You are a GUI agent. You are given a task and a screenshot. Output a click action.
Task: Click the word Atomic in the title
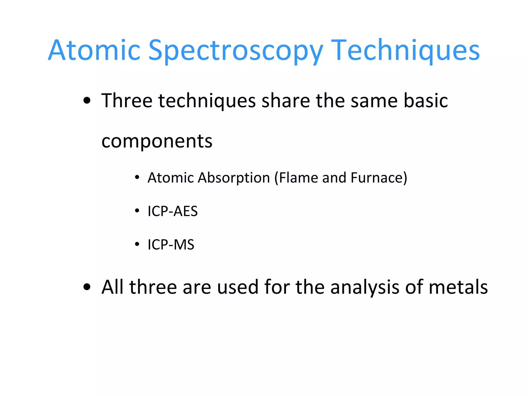[x=94, y=50]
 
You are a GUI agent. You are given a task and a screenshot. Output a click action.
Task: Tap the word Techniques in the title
[x=405, y=50]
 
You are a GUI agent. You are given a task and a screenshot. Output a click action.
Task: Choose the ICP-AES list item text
[x=172, y=211]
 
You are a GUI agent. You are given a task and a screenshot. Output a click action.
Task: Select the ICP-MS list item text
[x=171, y=244]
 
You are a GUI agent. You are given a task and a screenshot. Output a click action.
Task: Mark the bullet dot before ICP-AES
[x=137, y=211]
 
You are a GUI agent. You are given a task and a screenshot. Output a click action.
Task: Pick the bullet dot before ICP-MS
[x=137, y=244]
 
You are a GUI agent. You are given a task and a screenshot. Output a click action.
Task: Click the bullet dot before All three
[x=87, y=287]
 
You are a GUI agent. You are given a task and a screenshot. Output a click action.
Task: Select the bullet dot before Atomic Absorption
[x=137, y=178]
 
